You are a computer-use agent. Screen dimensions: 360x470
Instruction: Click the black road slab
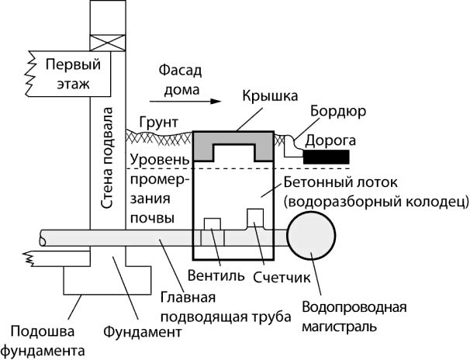[324, 157]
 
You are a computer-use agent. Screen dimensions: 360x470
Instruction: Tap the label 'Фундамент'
[143, 331]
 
